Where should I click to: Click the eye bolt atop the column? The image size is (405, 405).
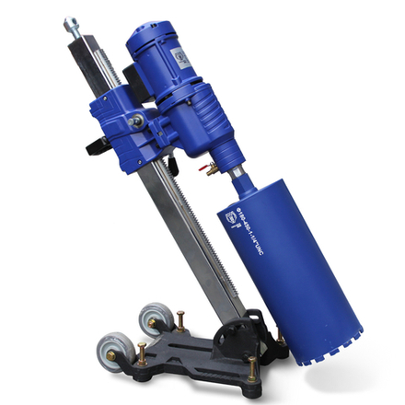pyautogui.click(x=71, y=25)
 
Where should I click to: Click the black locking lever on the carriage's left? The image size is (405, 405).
pyautogui.click(x=97, y=145)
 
